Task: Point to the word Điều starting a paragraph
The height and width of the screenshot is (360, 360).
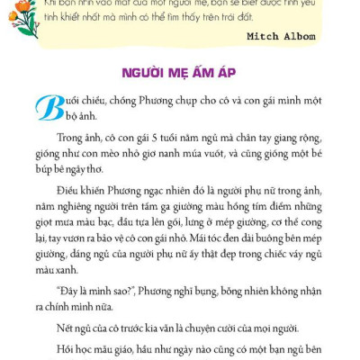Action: pyautogui.click(x=69, y=191)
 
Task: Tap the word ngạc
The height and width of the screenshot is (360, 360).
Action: pyautogui.click(x=154, y=191)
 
